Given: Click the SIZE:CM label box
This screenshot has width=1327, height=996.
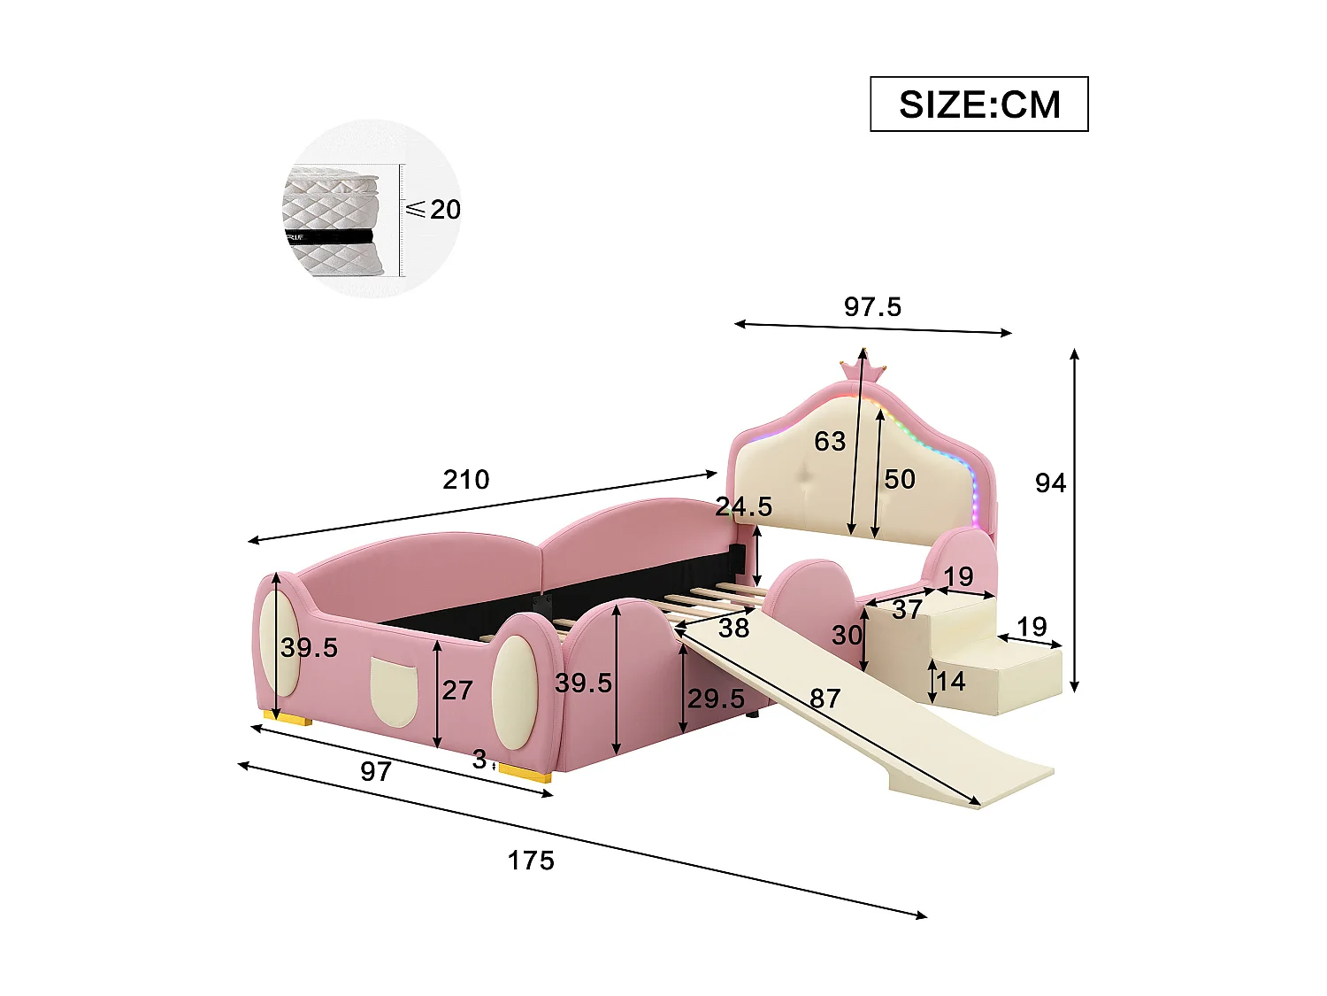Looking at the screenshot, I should pos(978,104).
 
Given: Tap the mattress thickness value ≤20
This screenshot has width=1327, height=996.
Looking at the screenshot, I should pos(434,210).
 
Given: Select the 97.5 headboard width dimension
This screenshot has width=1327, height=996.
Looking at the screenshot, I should pos(872,307).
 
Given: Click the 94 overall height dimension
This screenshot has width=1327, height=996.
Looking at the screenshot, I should pos(1050,483).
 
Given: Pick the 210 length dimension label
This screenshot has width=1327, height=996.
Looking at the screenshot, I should pos(465,480).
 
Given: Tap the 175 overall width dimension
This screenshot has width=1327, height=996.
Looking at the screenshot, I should pos(531,861).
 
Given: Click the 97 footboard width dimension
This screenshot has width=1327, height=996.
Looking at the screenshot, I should pos(375,771).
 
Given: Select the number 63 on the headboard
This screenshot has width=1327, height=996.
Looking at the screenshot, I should pos(830,441).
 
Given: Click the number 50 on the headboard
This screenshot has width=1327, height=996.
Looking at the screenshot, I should pos(900,479).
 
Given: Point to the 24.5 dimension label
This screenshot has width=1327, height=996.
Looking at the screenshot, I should pos(743,507).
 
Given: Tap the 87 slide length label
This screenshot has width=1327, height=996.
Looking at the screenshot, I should pos(825,699).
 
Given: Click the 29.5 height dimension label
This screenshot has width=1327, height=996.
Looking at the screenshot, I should pos(716,699).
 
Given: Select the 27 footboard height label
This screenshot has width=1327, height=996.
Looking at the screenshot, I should pos(457,690).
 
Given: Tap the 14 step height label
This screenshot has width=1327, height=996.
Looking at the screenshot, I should pos(951,681).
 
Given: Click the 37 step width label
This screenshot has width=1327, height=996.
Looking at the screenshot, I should pos(907,609).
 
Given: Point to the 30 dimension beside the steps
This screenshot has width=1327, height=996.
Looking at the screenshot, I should pos(847,635).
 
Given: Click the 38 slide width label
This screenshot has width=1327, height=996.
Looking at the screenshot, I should pos(733,628).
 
